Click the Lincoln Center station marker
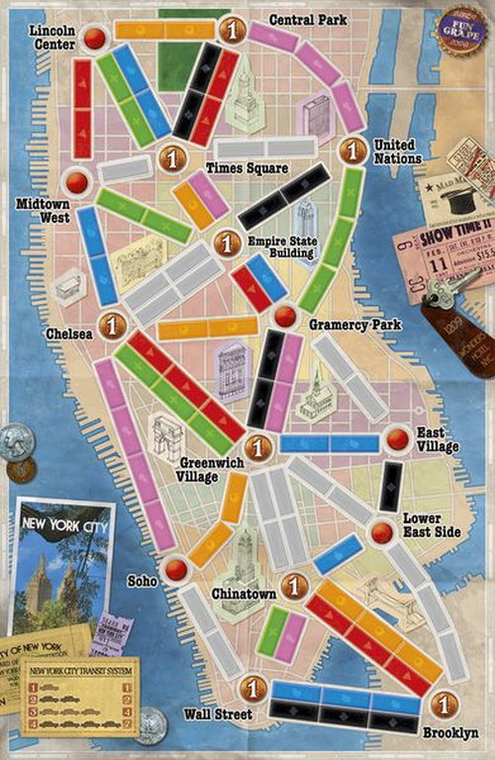pyautogui.click(x=95, y=39)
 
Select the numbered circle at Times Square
pyautogui.click(x=172, y=157)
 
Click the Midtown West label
pyautogui.click(x=42, y=209)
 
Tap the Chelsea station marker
pyautogui.click(x=113, y=324)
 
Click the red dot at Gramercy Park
pyautogui.click(x=285, y=315)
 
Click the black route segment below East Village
pyautogui.click(x=391, y=487)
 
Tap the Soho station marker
pyautogui.click(x=176, y=569)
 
